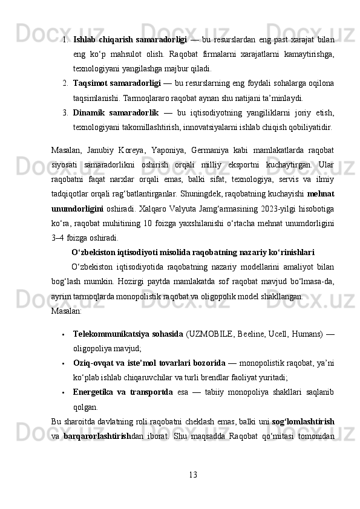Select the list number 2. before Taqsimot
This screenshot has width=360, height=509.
click(64, 82)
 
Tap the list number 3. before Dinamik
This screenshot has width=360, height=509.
click(64, 112)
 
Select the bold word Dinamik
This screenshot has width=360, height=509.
click(91, 112)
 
